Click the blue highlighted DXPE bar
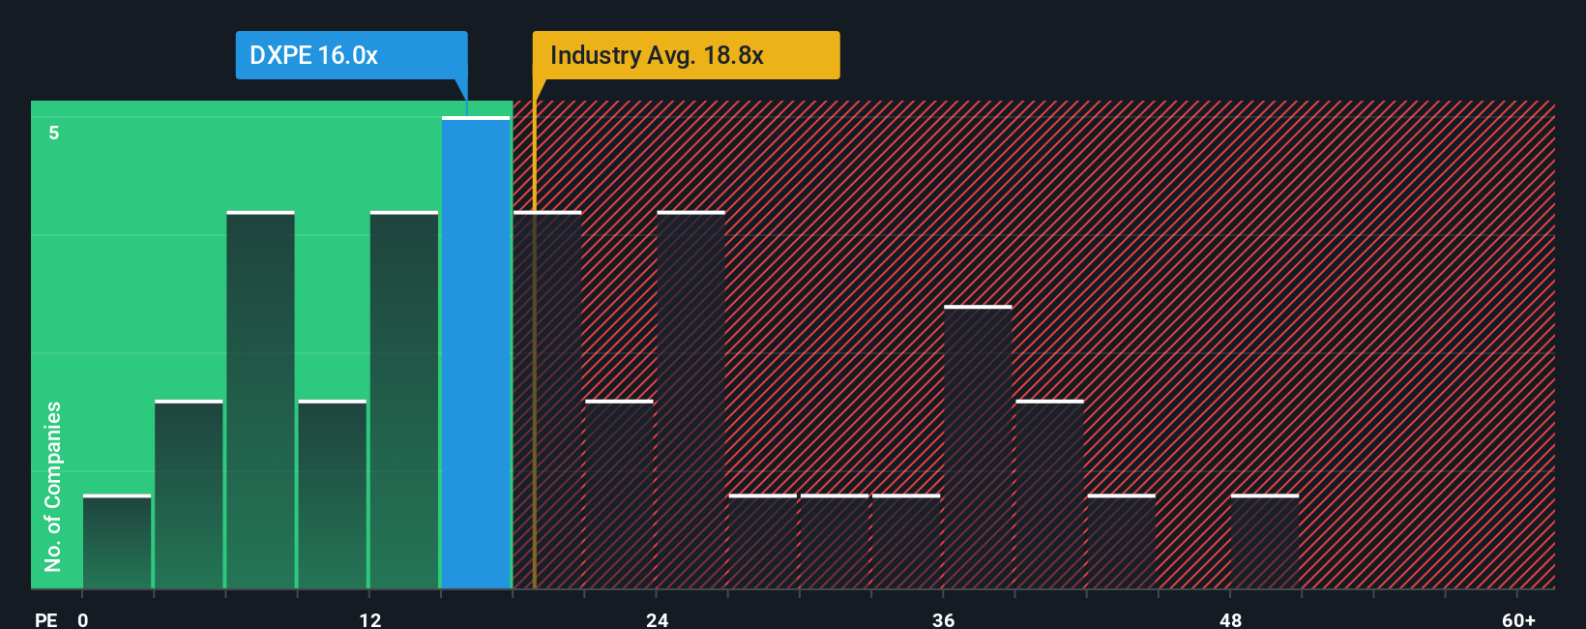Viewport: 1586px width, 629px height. [476, 353]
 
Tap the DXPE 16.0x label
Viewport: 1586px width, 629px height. [313, 55]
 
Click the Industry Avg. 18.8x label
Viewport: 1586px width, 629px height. [657, 55]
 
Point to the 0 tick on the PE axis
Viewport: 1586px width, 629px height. [83, 619]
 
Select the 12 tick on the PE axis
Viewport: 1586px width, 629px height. [370, 619]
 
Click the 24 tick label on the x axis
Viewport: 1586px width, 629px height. [658, 619]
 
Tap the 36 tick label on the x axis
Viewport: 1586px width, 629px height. [944, 619]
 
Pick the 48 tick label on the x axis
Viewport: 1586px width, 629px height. [1230, 619]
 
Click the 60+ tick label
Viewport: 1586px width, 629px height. [1518, 619]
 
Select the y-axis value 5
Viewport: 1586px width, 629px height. [54, 133]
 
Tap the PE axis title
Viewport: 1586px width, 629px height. [45, 619]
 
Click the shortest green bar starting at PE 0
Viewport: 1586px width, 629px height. [117, 542]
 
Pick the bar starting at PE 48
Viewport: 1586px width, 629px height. [1265, 542]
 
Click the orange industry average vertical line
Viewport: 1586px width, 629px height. [534, 339]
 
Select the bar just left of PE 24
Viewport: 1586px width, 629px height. [619, 494]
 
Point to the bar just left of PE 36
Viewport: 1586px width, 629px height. [906, 542]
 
